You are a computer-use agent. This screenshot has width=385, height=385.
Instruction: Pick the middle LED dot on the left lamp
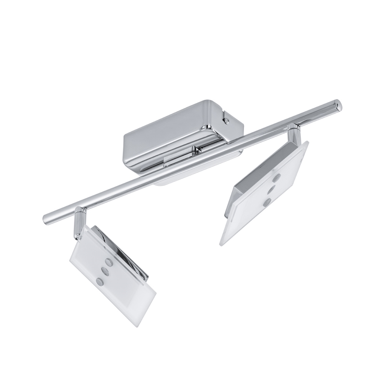105,270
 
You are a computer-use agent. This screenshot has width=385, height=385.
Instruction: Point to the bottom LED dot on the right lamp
267,202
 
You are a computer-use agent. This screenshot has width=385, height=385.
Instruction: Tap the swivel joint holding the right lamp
293,133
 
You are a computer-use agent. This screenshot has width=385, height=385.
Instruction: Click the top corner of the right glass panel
307,143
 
